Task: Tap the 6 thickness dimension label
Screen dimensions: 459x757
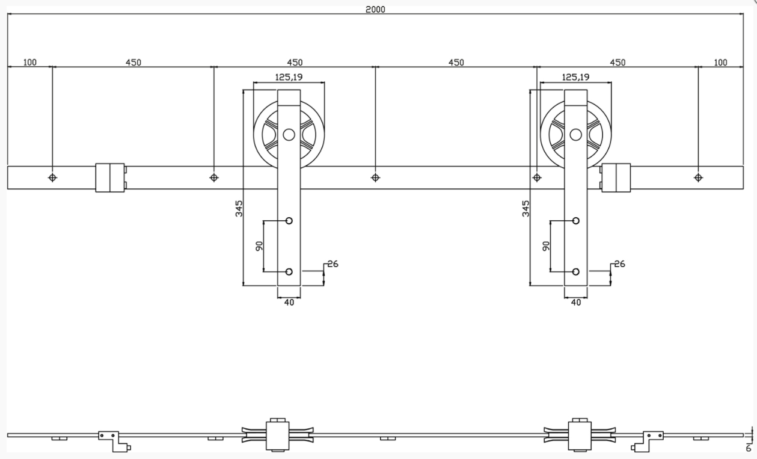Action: (749, 448)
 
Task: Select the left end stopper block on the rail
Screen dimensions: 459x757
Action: (110, 177)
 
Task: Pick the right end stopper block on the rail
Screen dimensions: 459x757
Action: (616, 177)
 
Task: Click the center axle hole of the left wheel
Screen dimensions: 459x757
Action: (289, 135)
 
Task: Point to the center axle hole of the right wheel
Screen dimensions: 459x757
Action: (576, 135)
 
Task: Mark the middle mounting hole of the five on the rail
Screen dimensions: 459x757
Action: (375, 177)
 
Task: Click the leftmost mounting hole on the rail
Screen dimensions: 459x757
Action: (52, 177)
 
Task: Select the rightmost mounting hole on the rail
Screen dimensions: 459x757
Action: (697, 177)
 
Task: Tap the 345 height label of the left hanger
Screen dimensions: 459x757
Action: (239, 208)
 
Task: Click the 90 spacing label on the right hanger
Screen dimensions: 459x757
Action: (546, 246)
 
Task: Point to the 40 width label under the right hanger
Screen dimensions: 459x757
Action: (576, 303)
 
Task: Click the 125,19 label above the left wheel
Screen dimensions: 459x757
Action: (289, 77)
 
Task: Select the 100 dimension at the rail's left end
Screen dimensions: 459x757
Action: (29, 62)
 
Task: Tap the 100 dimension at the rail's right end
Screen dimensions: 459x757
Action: (720, 62)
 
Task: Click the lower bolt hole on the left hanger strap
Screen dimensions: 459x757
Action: (289, 271)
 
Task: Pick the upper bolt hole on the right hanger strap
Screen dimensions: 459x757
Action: (576, 221)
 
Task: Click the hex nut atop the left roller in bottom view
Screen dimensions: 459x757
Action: (277, 420)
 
